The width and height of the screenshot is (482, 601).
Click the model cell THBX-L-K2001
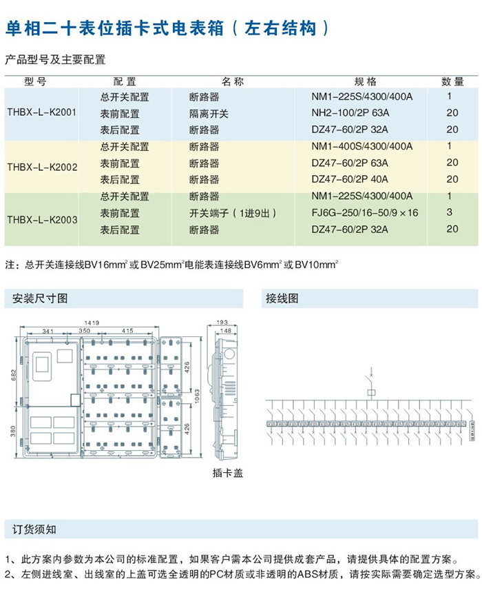(x=41, y=112)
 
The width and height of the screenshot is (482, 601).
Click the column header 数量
(x=452, y=81)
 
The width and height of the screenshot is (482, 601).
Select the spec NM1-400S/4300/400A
(x=361, y=146)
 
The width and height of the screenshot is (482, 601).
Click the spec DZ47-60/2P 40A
(x=350, y=179)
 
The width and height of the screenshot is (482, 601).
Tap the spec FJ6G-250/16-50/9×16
(x=364, y=212)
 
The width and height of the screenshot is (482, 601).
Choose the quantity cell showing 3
(x=449, y=212)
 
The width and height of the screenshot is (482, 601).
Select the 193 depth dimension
(x=222, y=322)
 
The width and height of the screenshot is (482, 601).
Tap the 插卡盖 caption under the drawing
(x=228, y=473)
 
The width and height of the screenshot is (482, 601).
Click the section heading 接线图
(x=282, y=299)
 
